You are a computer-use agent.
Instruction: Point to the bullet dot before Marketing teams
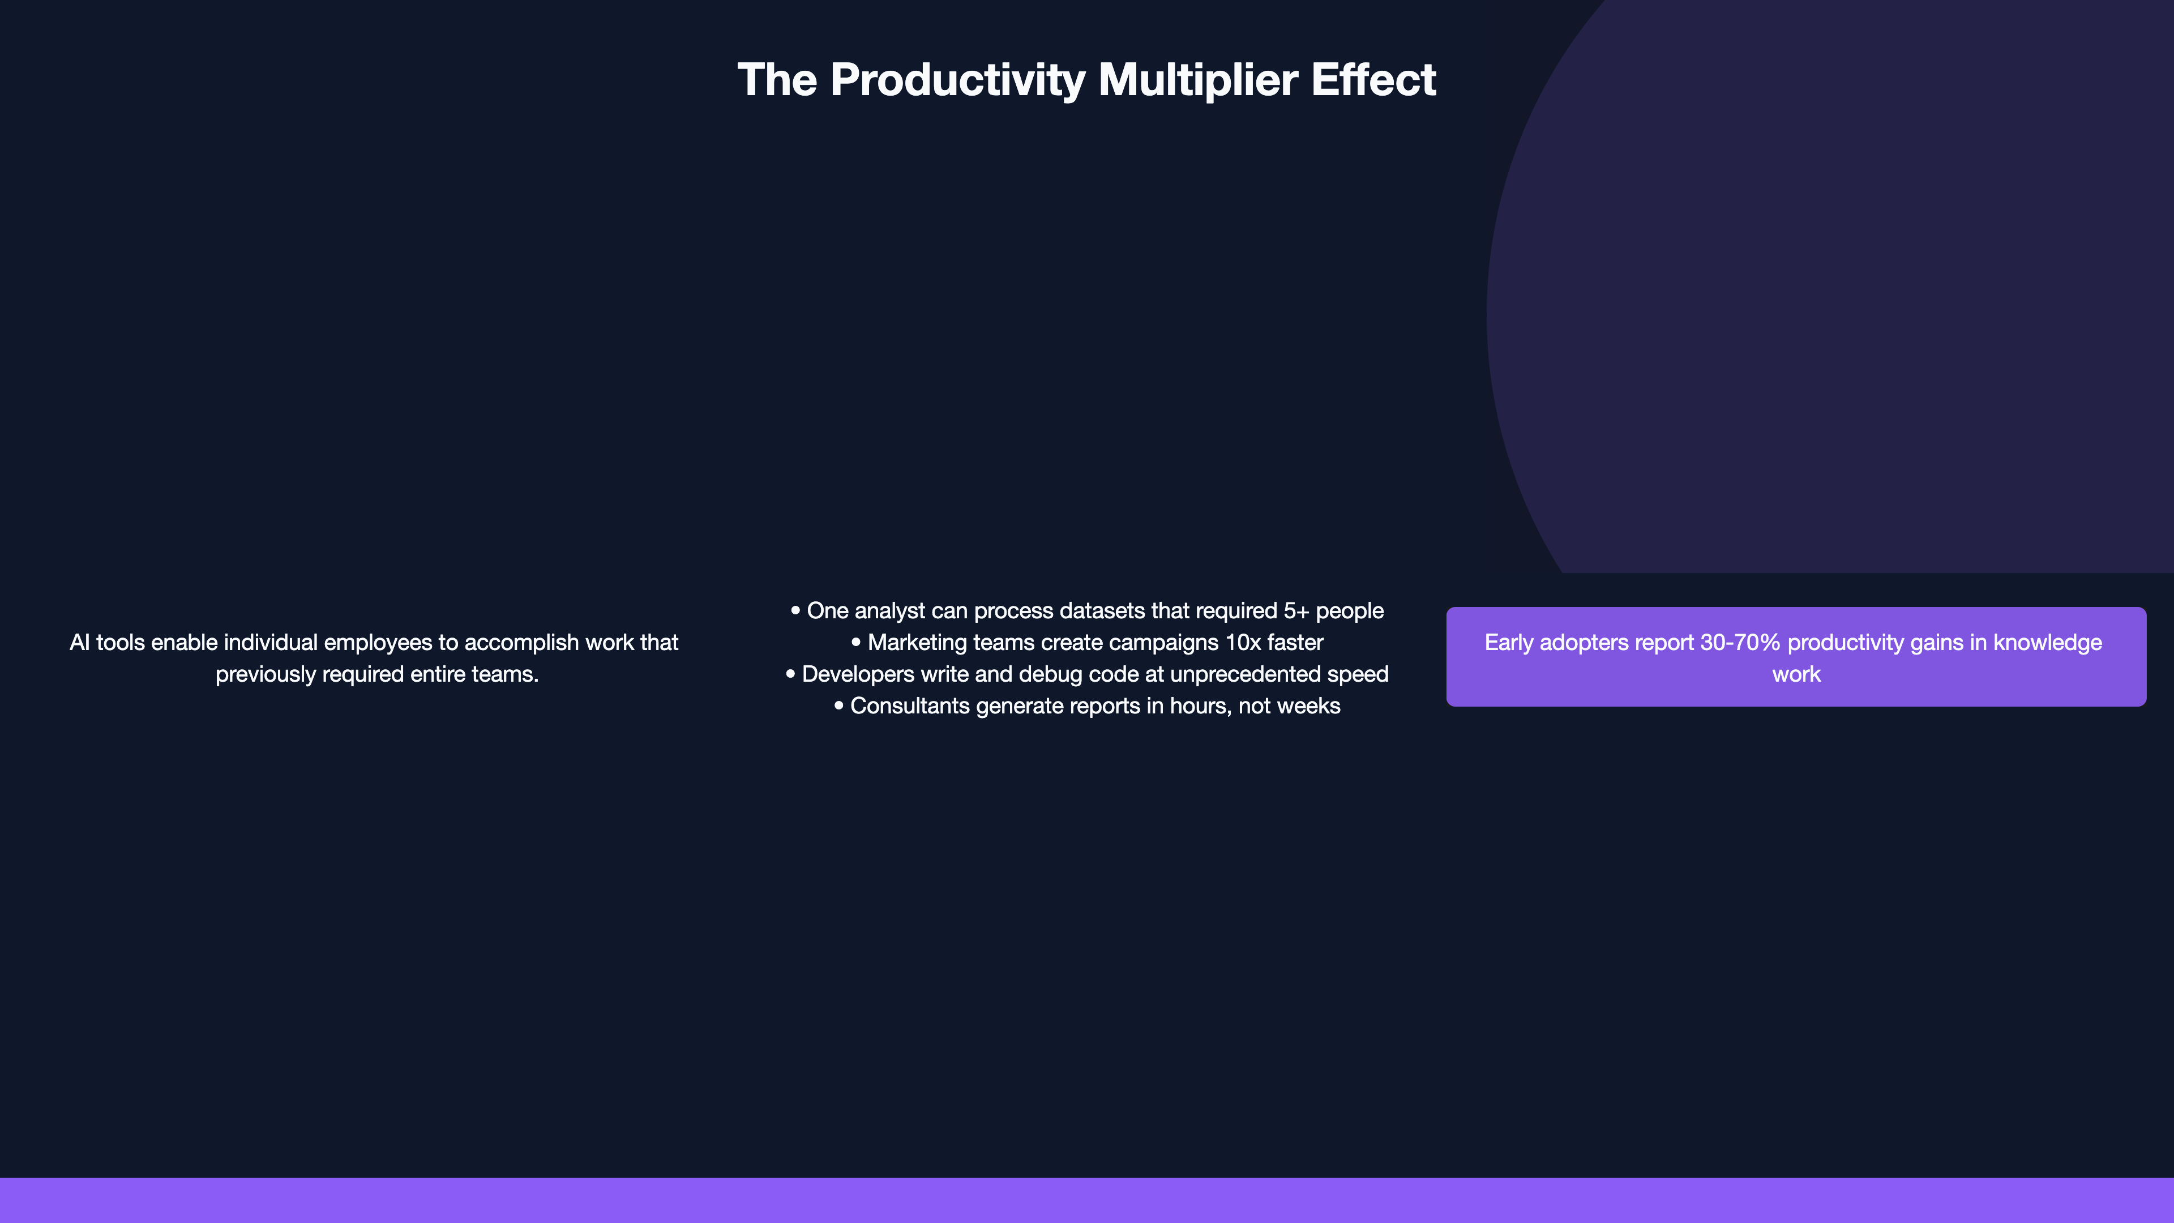point(856,642)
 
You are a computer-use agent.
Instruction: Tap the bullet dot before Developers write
point(790,674)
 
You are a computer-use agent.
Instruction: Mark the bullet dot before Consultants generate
point(838,705)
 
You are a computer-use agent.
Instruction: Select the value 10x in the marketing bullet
point(1242,642)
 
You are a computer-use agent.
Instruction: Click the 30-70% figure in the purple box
point(1740,642)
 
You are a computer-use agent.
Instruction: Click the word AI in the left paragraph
point(79,642)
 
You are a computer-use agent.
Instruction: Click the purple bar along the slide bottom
point(1087,1200)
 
